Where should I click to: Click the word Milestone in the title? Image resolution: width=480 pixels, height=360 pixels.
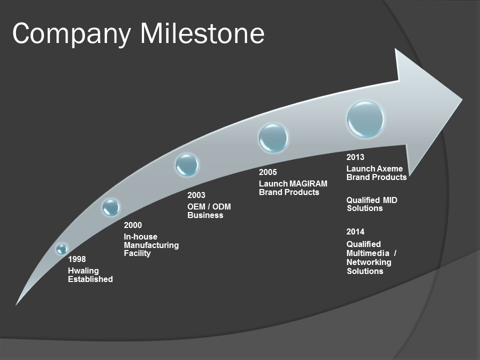point(202,33)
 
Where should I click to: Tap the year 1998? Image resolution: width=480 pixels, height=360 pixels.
point(77,259)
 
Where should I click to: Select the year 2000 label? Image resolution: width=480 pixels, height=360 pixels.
point(133,225)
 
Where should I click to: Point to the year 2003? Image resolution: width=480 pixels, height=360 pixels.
point(196,195)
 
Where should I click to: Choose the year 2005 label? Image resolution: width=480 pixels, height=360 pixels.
point(268,172)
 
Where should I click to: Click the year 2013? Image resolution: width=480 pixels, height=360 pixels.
point(355,157)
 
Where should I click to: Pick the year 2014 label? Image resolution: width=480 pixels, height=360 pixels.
point(355,231)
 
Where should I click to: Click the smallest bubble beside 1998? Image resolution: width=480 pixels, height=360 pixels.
point(62,249)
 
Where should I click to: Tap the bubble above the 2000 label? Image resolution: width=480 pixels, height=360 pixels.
point(111,207)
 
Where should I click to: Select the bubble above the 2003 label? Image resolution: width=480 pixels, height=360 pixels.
point(187,164)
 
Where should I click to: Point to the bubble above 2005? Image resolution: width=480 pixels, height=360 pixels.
point(273,138)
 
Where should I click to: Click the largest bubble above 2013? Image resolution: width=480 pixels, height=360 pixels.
point(365,119)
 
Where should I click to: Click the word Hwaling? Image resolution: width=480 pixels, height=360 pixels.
point(83,271)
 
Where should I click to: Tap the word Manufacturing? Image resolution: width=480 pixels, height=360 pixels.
point(151,245)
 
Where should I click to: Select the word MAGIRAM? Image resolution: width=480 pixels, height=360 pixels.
point(308,183)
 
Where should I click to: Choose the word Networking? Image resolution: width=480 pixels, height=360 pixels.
point(369,262)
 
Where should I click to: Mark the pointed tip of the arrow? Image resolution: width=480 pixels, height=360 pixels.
point(462,99)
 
